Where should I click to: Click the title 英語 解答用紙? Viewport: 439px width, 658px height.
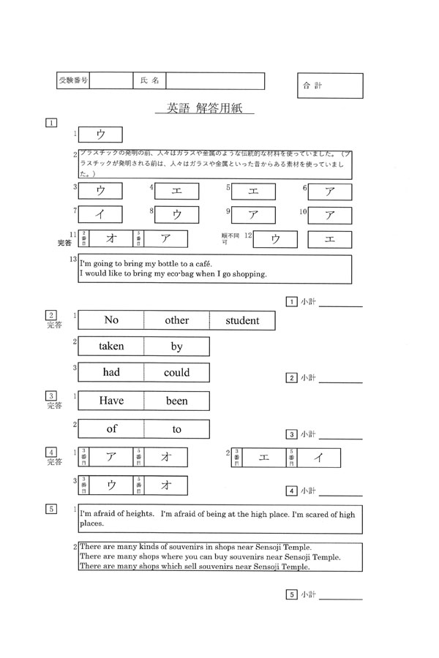coord(204,109)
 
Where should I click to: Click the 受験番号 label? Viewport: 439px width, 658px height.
coord(72,80)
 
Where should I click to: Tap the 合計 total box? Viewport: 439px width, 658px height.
coord(329,86)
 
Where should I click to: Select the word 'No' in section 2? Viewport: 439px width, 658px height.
coord(111,320)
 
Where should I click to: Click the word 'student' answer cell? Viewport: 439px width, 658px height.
coord(242,320)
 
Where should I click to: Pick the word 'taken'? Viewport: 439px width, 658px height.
coord(111,347)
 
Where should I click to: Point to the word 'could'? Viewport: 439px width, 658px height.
coord(176,372)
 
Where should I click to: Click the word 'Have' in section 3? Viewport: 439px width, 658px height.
coord(111,401)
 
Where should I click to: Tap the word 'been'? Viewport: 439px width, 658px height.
coord(176,401)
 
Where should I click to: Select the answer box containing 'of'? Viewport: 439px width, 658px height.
coord(111,429)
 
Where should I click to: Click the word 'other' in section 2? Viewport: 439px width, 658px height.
coord(176,320)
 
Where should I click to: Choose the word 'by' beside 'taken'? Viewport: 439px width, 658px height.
coord(176,347)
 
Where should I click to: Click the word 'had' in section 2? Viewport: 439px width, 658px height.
coord(111,372)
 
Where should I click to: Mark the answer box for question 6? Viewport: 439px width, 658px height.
coord(329,192)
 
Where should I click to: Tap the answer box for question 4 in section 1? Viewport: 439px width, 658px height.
coord(176,192)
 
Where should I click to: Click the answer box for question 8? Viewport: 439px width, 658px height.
coord(176,215)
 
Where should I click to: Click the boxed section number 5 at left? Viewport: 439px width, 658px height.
coord(51,509)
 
